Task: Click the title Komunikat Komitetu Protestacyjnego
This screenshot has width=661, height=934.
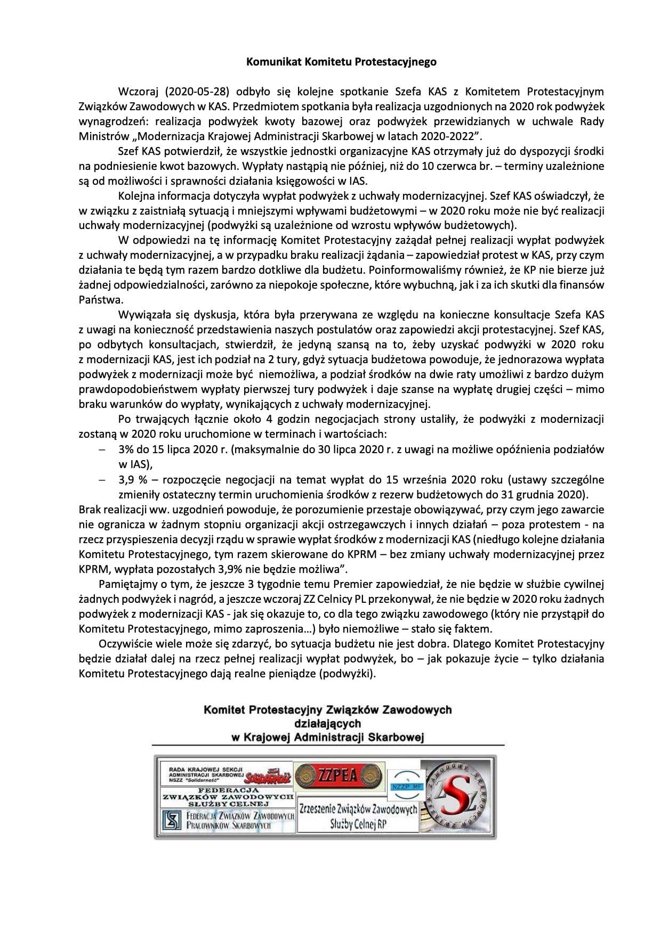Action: click(341, 62)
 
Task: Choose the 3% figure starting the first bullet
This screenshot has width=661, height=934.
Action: click(127, 449)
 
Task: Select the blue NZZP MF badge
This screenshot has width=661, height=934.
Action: click(404, 786)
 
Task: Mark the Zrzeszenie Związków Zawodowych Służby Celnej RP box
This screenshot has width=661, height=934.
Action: click(358, 816)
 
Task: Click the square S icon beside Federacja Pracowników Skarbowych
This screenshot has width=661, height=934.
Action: click(172, 820)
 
